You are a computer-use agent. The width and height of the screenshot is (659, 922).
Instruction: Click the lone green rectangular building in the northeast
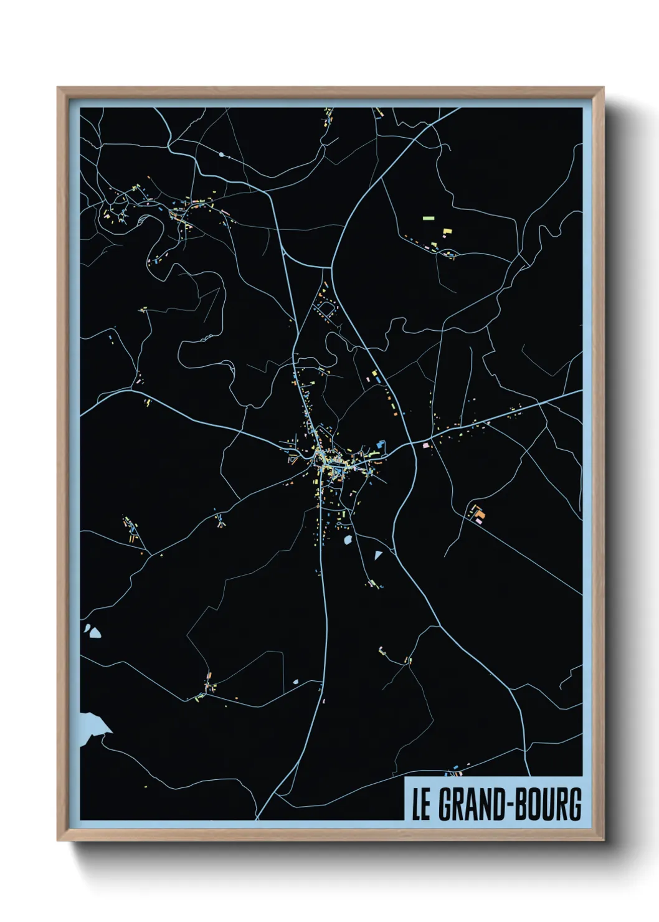(428, 218)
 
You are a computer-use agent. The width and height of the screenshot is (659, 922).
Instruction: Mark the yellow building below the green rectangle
(447, 231)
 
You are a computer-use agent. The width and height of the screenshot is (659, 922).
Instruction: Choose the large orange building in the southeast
(480, 514)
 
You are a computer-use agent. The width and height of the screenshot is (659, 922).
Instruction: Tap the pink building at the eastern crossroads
(427, 445)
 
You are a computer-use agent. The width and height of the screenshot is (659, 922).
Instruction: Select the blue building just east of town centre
(379, 444)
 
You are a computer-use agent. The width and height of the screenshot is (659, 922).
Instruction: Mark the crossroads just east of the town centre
(410, 444)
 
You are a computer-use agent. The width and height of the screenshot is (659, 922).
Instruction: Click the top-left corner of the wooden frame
(58, 88)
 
